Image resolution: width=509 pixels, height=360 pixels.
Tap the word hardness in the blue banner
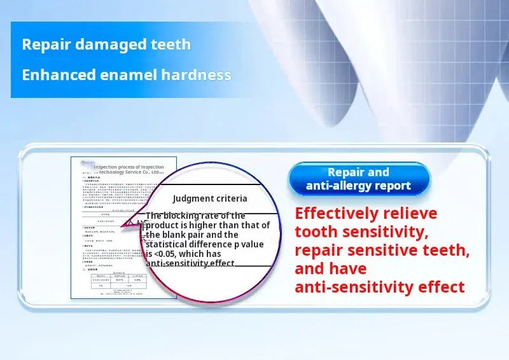click(195, 74)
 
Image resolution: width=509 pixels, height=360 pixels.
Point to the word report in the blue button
click(394, 186)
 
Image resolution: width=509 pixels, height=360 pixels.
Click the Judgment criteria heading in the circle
click(210, 198)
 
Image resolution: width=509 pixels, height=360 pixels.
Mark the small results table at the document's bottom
click(117, 282)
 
